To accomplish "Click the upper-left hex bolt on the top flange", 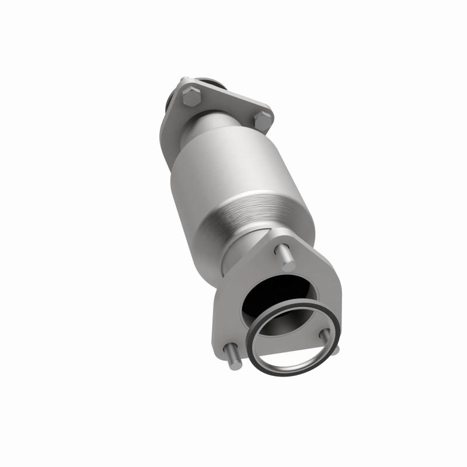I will click(189, 97).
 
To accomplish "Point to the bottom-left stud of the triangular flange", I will click(232, 355).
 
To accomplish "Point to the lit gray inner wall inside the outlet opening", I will click(298, 304).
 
